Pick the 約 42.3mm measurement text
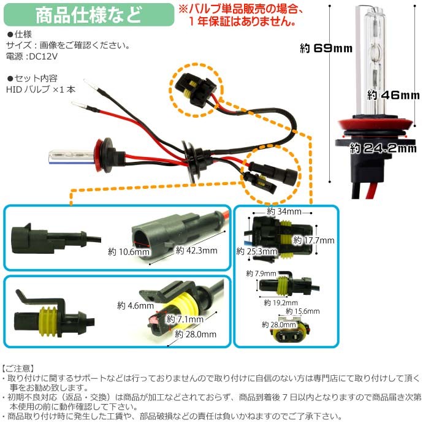coord(196,250)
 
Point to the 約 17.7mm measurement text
coord(314,240)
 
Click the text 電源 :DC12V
coord(31,56)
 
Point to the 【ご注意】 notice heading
coord(19,368)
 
